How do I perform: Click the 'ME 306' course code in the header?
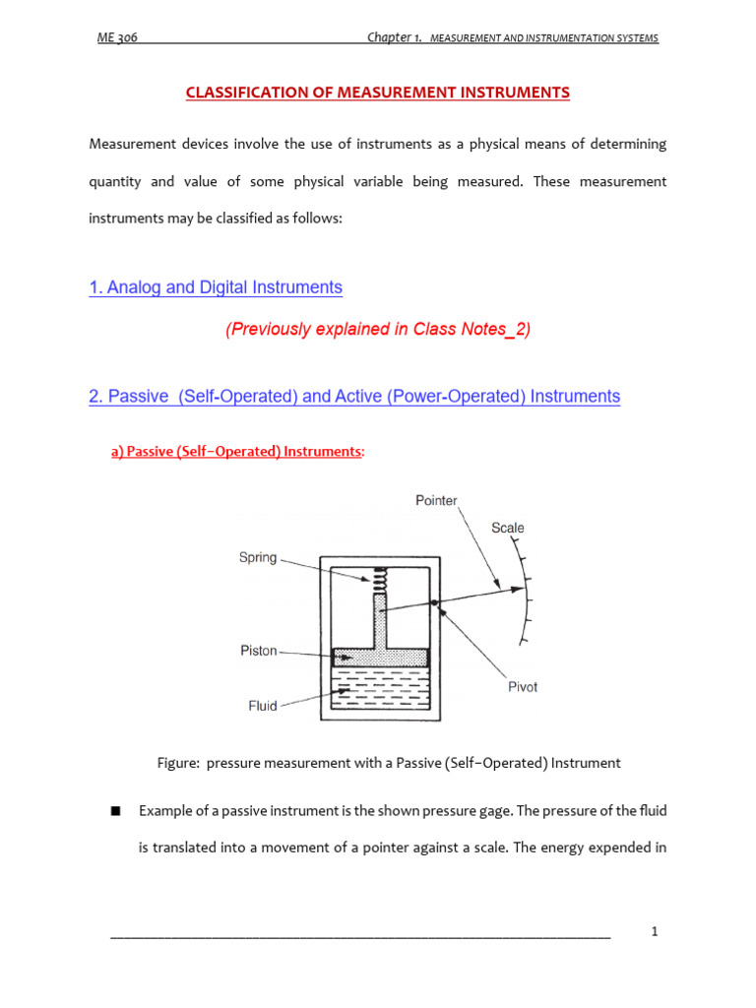tap(117, 38)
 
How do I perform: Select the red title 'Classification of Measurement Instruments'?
tap(379, 93)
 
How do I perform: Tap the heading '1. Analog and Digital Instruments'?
tap(216, 287)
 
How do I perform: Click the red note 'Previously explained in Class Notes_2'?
tap(378, 330)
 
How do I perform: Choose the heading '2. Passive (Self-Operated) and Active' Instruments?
tap(354, 397)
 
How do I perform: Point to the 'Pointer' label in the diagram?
tap(436, 501)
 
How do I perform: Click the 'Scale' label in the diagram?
tap(508, 528)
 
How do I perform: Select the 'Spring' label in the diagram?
tap(258, 557)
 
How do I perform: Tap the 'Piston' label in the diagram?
tap(259, 651)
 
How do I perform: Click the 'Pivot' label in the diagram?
tap(523, 687)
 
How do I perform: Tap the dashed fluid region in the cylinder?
tap(380, 688)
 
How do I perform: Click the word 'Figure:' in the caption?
tap(178, 763)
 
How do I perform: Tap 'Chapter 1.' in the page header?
tap(395, 38)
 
